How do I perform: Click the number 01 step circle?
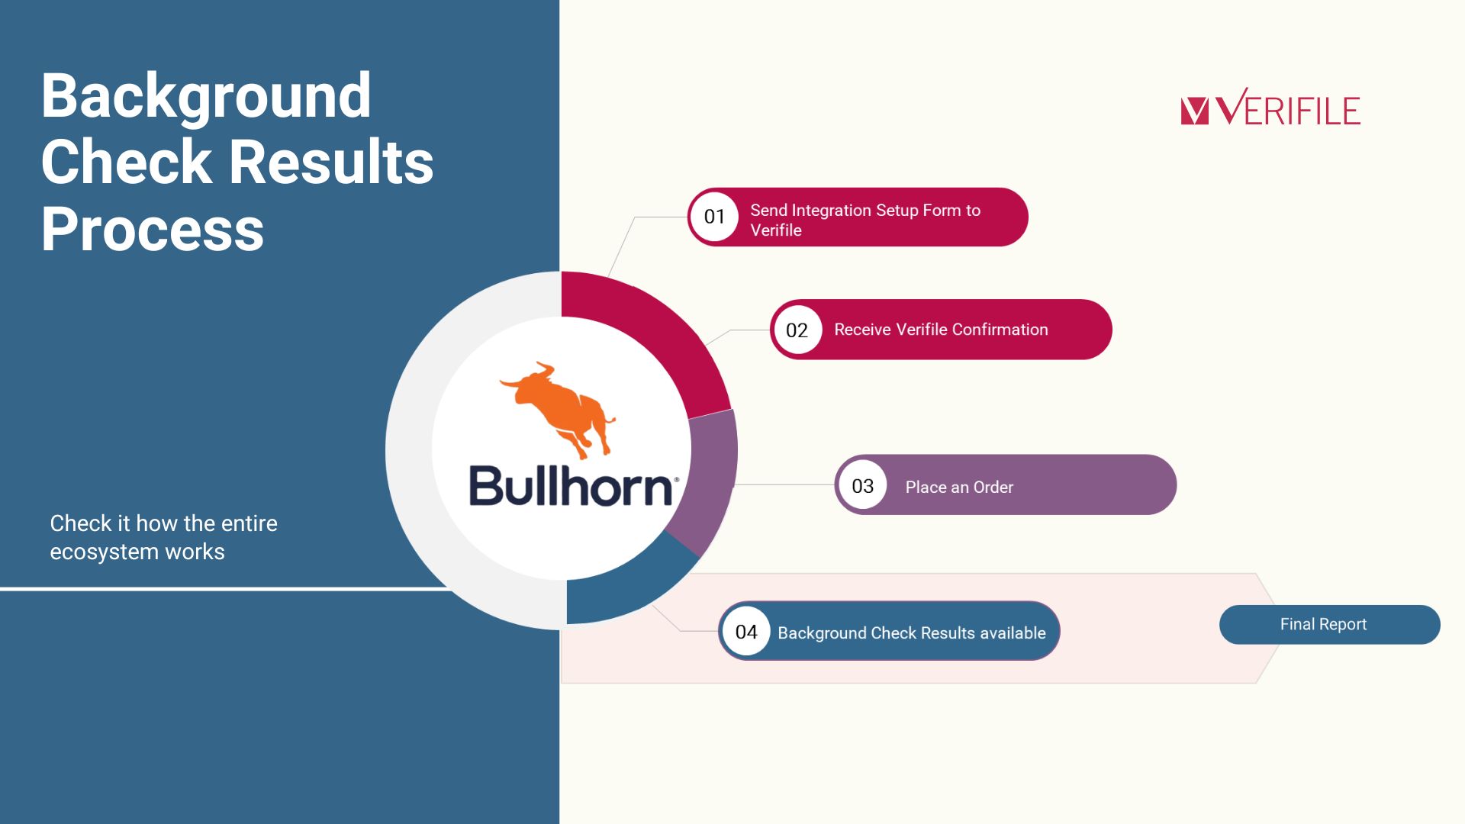click(x=714, y=217)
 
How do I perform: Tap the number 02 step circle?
click(x=797, y=330)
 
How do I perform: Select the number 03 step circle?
click(x=863, y=485)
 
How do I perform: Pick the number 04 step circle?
click(x=746, y=632)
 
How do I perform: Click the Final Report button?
click(x=1329, y=625)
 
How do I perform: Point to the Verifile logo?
click(x=1270, y=108)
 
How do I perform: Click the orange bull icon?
click(x=558, y=410)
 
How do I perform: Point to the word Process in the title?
click(x=153, y=229)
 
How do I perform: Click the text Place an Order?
click(x=959, y=487)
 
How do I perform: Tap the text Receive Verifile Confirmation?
click(x=941, y=330)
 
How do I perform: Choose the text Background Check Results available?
click(x=912, y=632)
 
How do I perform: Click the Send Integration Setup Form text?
click(x=865, y=220)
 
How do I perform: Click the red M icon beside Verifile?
click(x=1195, y=111)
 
